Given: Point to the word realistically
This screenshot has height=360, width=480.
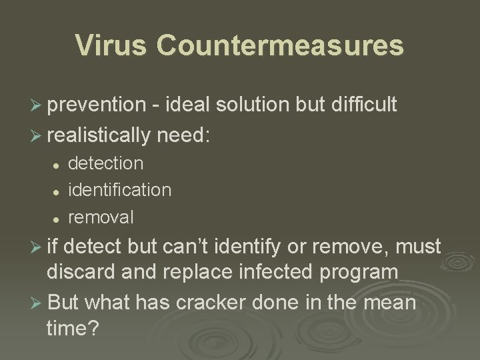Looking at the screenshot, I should (x=99, y=135).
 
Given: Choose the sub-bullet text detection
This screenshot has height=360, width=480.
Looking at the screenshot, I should (x=105, y=163).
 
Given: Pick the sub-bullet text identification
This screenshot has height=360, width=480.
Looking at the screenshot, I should (x=119, y=190).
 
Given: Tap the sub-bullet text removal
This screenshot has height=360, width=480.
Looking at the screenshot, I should (x=101, y=217).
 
